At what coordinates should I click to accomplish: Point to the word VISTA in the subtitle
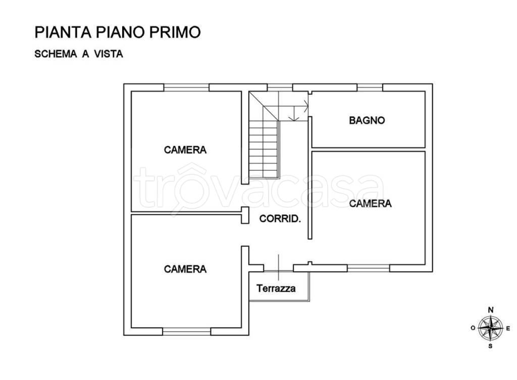click(107, 54)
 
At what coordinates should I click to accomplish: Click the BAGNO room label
click(367, 120)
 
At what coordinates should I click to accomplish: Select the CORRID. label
click(280, 219)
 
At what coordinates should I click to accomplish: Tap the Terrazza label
click(276, 289)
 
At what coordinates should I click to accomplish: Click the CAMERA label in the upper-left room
click(185, 150)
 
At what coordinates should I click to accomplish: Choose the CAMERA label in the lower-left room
click(185, 269)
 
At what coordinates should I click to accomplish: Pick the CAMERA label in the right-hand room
click(371, 203)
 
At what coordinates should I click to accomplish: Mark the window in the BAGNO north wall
click(370, 87)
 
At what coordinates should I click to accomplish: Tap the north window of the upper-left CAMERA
click(186, 87)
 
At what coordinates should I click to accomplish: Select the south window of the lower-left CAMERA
click(186, 332)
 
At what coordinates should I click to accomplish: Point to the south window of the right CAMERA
click(369, 268)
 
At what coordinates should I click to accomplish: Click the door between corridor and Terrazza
click(279, 267)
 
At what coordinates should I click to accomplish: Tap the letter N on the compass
click(490, 310)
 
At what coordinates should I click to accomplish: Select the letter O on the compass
click(473, 328)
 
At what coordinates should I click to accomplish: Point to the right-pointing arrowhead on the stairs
click(306, 106)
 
